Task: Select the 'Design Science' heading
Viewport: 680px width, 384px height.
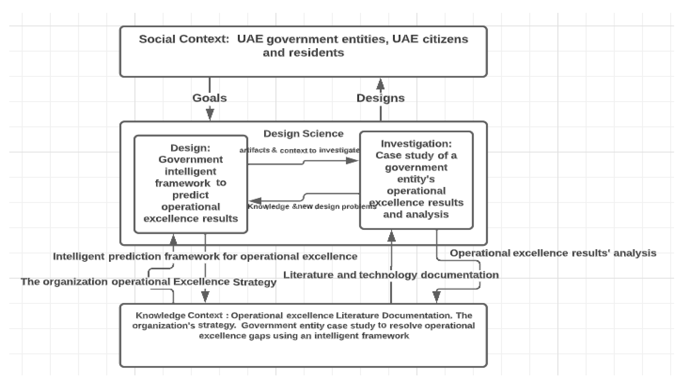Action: [x=303, y=134]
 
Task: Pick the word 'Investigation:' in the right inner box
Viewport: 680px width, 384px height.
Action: [x=416, y=144]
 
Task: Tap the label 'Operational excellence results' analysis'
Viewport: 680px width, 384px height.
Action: [x=553, y=253]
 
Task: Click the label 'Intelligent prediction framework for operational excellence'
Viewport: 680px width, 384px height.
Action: [x=205, y=256]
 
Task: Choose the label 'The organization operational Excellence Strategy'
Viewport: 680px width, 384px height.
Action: [x=148, y=282]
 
